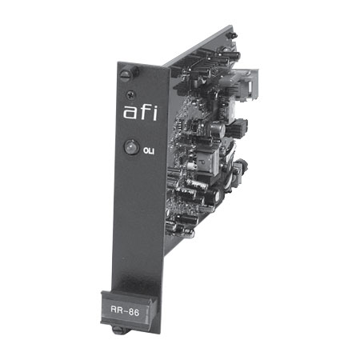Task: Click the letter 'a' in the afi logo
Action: click(130, 113)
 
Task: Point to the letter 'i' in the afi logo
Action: click(154, 112)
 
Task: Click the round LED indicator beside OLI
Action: click(132, 147)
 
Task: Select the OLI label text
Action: click(149, 151)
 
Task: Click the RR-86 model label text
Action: click(125, 310)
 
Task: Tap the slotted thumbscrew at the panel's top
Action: click(126, 75)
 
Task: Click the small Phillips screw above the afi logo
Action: click(131, 94)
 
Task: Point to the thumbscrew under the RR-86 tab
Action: click(118, 330)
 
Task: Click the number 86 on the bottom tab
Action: click(134, 312)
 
